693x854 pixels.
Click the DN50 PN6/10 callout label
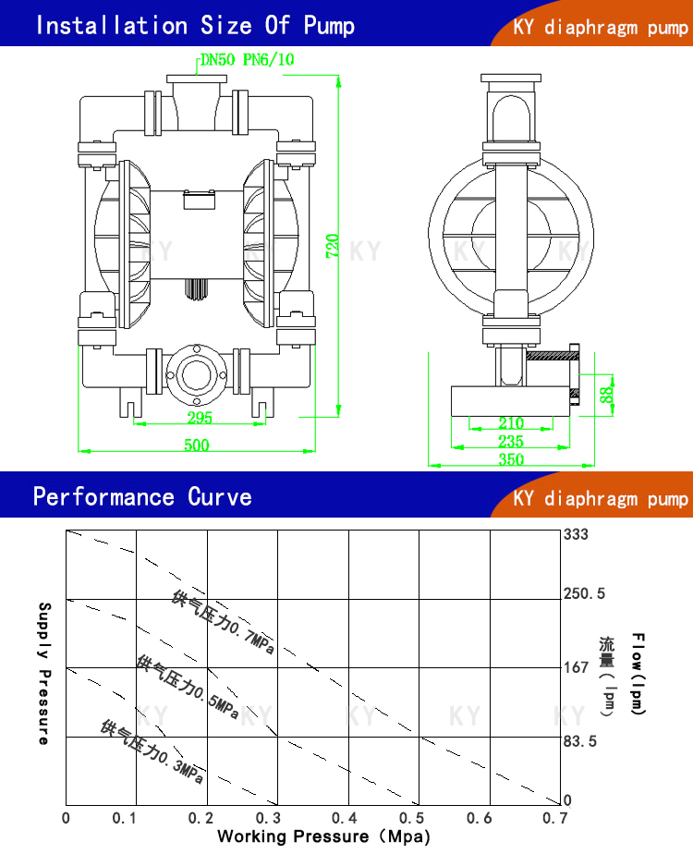coord(248,60)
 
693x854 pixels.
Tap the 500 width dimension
coord(196,445)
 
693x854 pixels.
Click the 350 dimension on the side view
coord(511,458)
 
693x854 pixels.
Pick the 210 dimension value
coord(511,424)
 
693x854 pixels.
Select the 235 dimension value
coord(511,442)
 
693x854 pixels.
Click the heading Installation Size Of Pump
coord(194,25)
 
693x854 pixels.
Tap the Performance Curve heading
coord(142,496)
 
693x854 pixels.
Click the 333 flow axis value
coord(576,534)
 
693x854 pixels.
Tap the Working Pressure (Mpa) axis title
coord(323,836)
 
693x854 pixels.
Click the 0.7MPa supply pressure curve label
coord(224,623)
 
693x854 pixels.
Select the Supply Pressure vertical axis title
coord(43,673)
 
